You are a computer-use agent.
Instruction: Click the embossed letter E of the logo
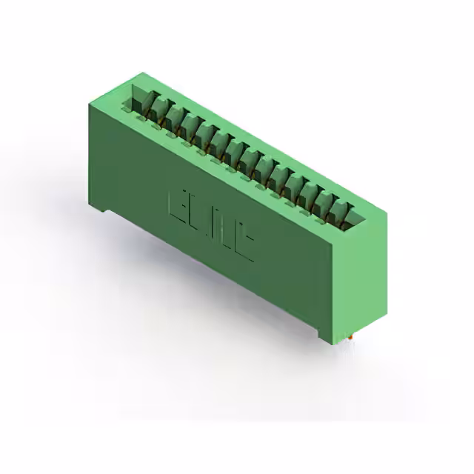point(180,207)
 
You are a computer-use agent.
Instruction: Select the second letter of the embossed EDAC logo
point(201,220)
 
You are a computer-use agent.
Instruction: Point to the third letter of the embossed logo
point(224,234)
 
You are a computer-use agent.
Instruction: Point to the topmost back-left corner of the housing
point(143,73)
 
